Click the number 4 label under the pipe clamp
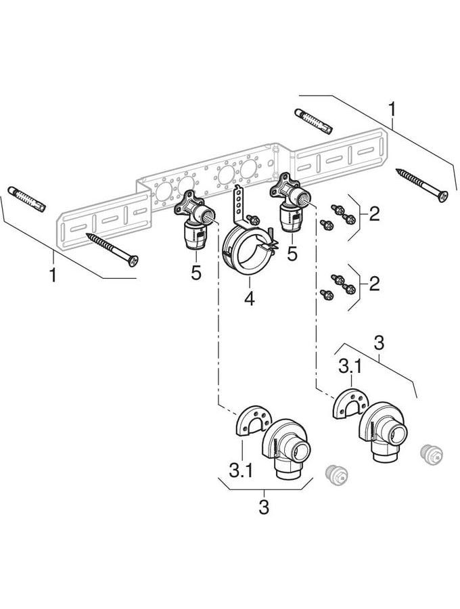click(250, 298)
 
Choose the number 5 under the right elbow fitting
click(292, 254)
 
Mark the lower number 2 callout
click(374, 284)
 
